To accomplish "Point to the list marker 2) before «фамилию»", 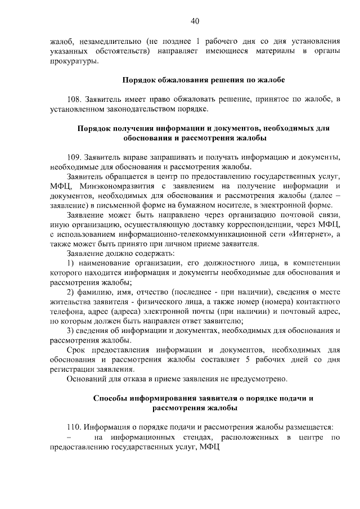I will point(70,293).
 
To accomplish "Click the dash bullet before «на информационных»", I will point(69,437).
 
